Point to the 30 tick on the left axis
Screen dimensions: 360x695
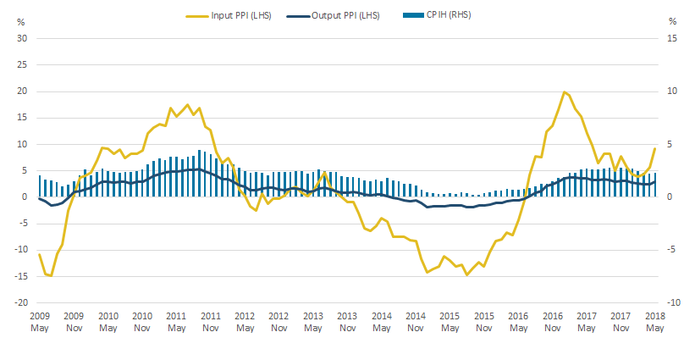[23, 38]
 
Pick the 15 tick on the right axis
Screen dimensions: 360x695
[673, 38]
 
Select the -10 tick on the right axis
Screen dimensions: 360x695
[673, 302]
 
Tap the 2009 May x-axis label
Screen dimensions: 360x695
[40, 320]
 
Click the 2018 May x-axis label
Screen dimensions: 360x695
[654, 320]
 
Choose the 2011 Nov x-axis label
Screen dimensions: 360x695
[211, 320]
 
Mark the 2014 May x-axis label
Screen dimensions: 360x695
[381, 320]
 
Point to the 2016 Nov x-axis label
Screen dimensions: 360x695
[552, 320]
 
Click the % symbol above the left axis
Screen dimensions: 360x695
[21, 20]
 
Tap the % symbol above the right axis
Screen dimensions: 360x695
[673, 20]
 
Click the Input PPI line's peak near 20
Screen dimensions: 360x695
[564, 91]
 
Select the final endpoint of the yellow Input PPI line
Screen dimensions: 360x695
[654, 149]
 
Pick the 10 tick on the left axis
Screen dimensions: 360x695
[23, 144]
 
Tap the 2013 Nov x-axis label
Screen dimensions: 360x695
[347, 320]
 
